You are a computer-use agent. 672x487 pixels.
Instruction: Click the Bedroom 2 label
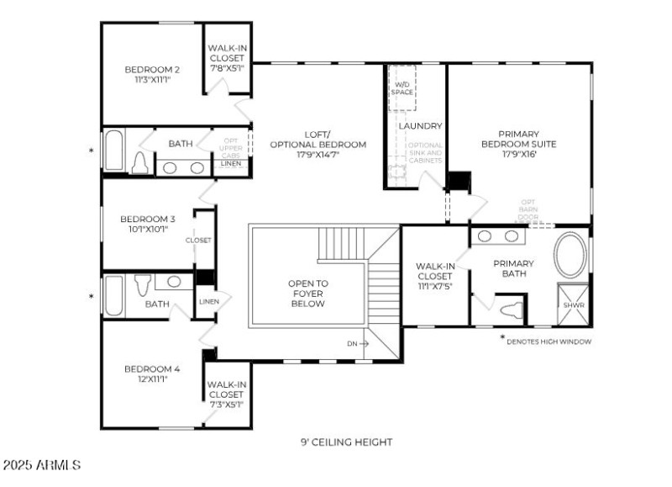152,69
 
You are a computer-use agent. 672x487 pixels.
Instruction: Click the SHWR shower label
573,305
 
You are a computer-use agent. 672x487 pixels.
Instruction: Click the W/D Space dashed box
402,87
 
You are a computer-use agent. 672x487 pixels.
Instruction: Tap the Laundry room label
420,126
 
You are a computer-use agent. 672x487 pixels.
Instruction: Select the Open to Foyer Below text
308,294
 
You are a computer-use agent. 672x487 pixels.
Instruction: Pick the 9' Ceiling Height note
346,442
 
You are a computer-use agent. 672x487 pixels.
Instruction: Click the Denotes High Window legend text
550,341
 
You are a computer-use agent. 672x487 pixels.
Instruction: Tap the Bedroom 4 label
152,368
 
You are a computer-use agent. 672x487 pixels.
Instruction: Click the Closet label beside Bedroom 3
198,241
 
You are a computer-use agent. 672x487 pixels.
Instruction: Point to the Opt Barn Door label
528,209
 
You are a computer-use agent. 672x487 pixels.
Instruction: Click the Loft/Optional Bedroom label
318,140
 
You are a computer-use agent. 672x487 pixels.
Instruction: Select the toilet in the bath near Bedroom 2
141,163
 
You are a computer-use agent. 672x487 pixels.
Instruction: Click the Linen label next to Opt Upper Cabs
229,164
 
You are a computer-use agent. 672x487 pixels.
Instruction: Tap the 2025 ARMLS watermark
41,464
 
